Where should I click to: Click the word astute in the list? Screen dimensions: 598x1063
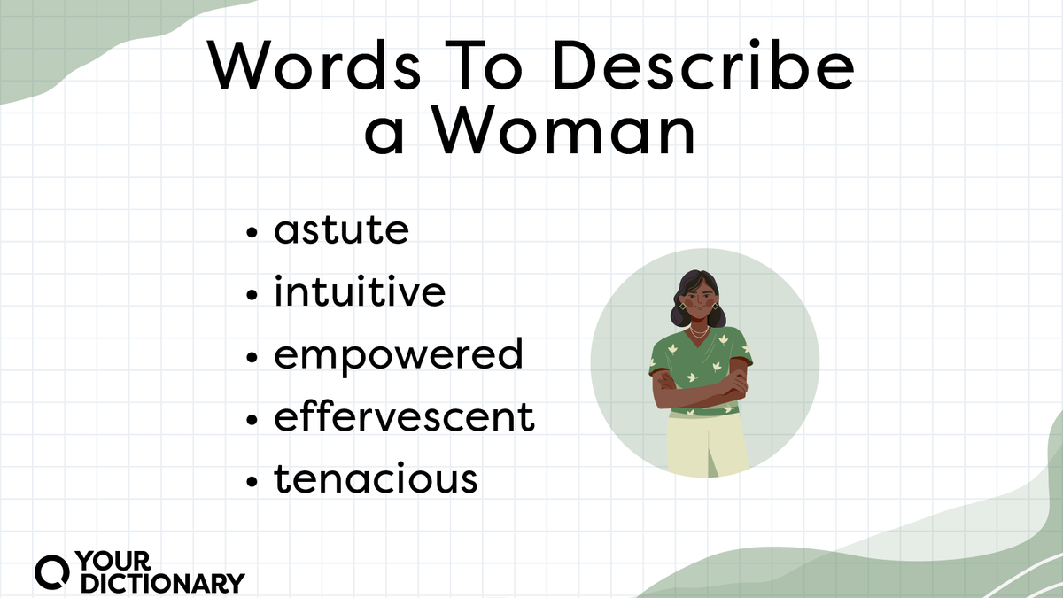[x=341, y=231]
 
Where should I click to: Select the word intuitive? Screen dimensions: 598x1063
[x=359, y=293]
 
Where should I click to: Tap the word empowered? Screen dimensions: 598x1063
[x=398, y=356]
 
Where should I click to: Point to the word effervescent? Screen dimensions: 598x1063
[x=404, y=417]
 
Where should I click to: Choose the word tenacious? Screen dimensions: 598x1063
[x=376, y=480]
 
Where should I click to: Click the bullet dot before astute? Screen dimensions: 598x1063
[x=253, y=234]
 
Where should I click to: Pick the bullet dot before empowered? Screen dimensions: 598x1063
[x=253, y=358]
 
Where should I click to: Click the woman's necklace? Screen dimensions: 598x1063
[x=699, y=333]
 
